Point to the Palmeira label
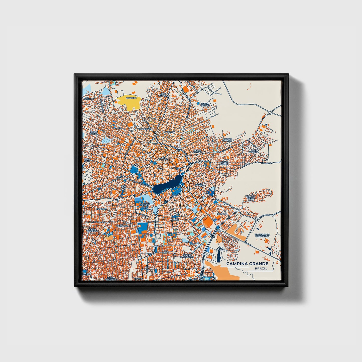[x=118, y=128]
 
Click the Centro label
[x=163, y=159]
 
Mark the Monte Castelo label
[x=224, y=163]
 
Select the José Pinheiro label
[x=200, y=185]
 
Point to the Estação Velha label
[x=145, y=205]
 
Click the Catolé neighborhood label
[x=175, y=220]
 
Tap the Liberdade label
[x=122, y=226]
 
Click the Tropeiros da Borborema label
[x=262, y=235]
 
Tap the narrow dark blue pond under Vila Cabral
[x=219, y=256]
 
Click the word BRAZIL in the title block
[x=261, y=269]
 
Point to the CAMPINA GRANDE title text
[x=247, y=264]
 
